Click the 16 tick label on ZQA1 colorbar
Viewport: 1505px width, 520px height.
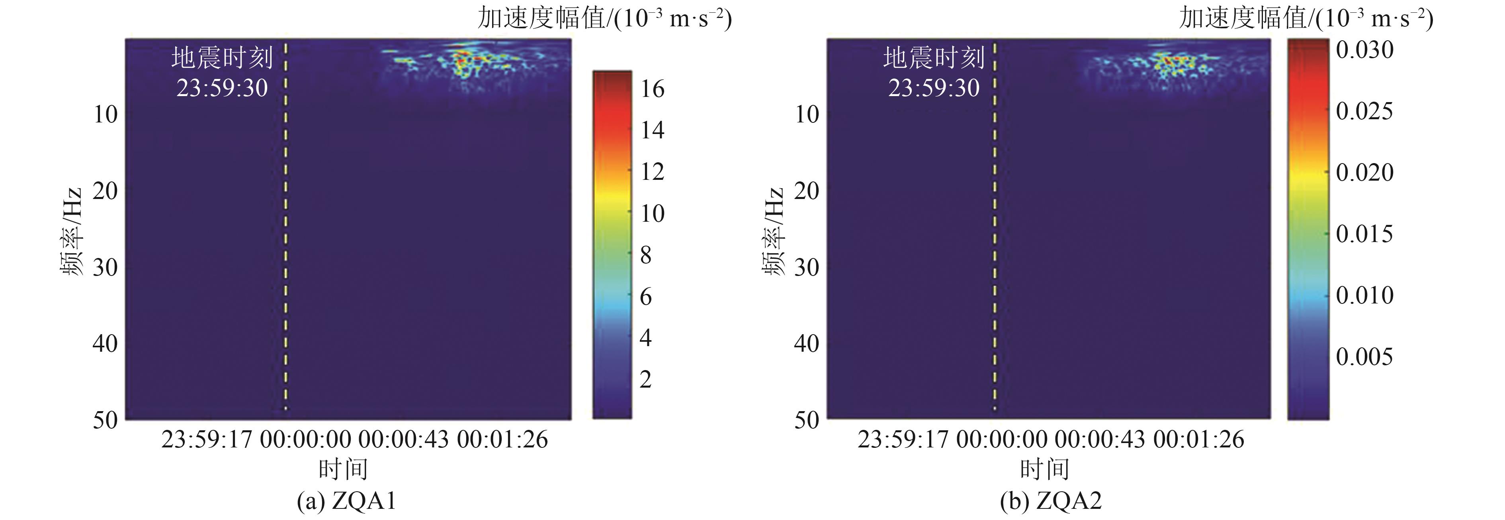pos(652,89)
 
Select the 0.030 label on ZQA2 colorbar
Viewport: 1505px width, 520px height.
pos(1364,50)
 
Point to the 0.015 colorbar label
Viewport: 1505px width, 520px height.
pos(1364,234)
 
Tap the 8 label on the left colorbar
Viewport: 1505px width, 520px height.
pos(645,255)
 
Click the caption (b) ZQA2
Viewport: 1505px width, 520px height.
pos(1050,501)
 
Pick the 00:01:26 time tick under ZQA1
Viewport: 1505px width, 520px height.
pos(502,439)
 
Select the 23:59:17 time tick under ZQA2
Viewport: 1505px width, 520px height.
pos(903,439)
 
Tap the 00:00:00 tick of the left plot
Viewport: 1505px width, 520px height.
pos(305,439)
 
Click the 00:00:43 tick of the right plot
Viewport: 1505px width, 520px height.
pos(1100,439)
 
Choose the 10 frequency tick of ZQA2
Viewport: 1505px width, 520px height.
pos(807,114)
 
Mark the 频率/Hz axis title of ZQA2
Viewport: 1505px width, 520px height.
pos(772,231)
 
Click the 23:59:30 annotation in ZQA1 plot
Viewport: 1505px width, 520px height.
pos(222,88)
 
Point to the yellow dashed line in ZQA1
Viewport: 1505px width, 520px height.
pos(286,234)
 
